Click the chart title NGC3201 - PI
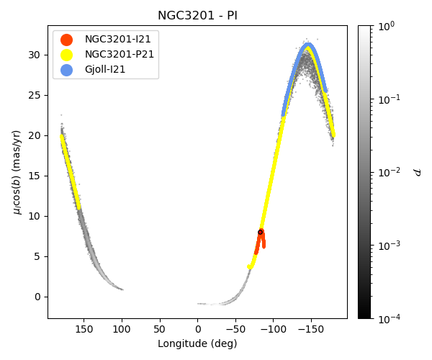(x=197, y=15)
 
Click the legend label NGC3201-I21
(x=118, y=40)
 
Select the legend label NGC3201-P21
(x=120, y=55)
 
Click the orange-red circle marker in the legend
(x=66, y=40)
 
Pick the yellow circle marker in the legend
(x=66, y=55)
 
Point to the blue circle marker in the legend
(x=66, y=70)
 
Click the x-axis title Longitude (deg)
(x=197, y=343)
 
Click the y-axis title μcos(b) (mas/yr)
(x=17, y=171)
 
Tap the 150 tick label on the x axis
(x=84, y=329)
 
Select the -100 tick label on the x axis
(x=272, y=329)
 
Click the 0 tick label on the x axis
(x=197, y=329)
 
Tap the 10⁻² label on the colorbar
(x=390, y=172)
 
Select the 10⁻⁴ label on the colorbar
(x=390, y=318)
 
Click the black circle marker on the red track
(x=261, y=232)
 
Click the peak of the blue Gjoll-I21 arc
(x=308, y=45)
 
